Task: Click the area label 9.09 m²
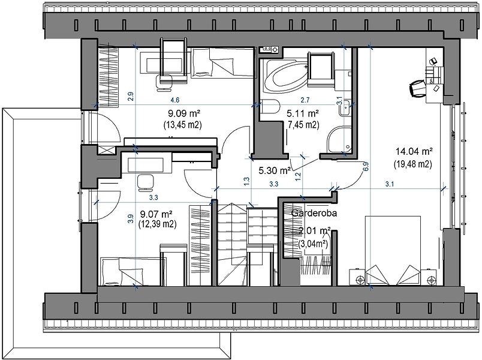click(x=184, y=113)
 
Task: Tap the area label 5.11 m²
click(x=303, y=113)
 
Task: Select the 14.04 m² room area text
click(x=414, y=151)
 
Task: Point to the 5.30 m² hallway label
click(x=275, y=170)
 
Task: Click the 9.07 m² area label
click(x=156, y=213)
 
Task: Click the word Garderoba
click(x=314, y=213)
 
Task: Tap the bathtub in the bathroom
click(x=287, y=76)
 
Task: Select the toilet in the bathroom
click(x=270, y=107)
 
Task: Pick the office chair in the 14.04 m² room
click(x=417, y=88)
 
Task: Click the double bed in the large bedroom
click(x=393, y=250)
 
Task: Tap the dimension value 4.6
click(x=175, y=100)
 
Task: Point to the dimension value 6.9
click(x=366, y=166)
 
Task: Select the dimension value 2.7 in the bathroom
click(x=305, y=100)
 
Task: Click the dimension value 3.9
click(x=131, y=219)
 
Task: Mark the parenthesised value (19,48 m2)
click(x=413, y=164)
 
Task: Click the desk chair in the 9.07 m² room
click(x=146, y=182)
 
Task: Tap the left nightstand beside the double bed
click(x=357, y=277)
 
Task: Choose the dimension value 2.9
click(x=131, y=97)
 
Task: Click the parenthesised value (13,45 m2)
click(x=182, y=125)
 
